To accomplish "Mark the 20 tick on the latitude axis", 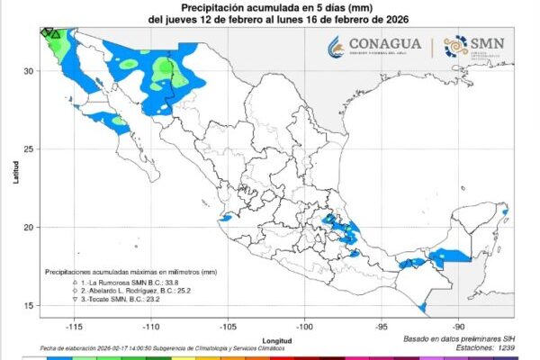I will [29, 227].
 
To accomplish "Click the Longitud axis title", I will [278, 340].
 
